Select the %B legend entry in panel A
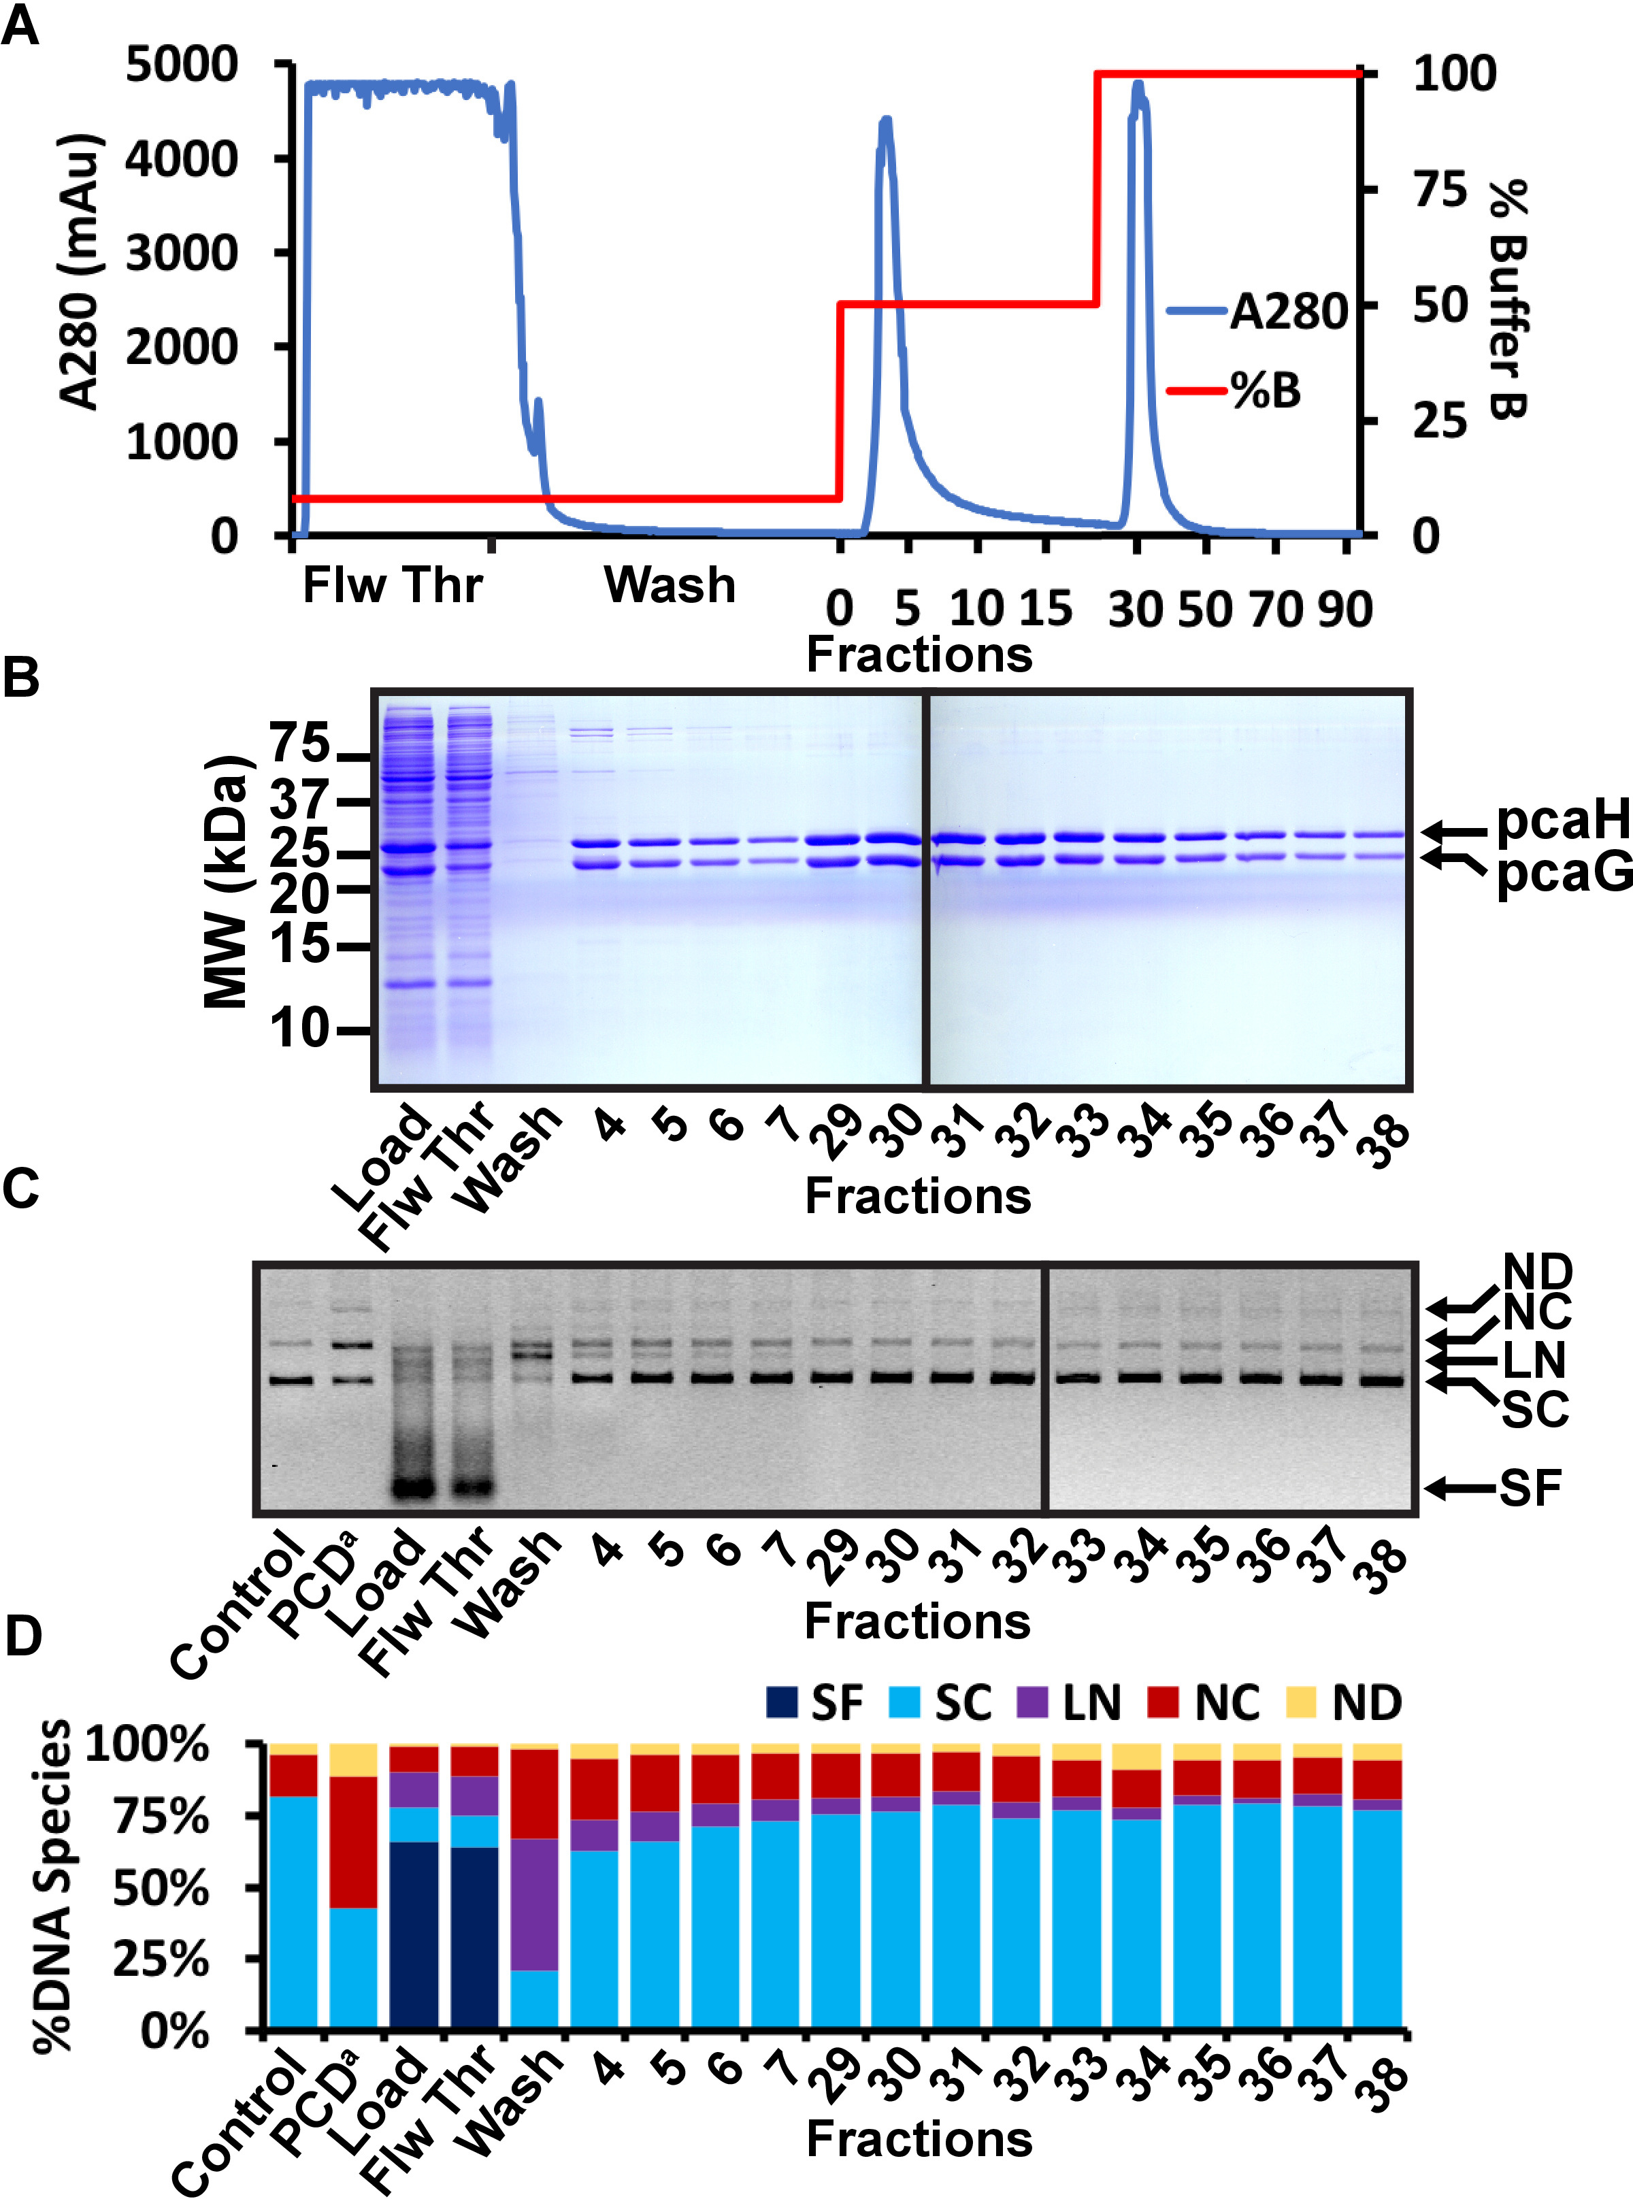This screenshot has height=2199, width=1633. (1266, 391)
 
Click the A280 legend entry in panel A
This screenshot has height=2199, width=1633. (1288, 312)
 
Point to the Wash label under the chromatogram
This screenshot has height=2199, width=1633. (670, 585)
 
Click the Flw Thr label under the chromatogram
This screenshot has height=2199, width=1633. (393, 585)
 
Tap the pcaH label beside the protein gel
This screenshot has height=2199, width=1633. (1562, 821)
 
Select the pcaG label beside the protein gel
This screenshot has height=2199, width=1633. (1562, 873)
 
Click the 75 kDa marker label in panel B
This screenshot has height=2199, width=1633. (299, 743)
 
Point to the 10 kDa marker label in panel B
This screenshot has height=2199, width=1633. (299, 1029)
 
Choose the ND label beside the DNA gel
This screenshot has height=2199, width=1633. (1537, 1272)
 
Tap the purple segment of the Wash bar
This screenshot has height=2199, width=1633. (535, 1904)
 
